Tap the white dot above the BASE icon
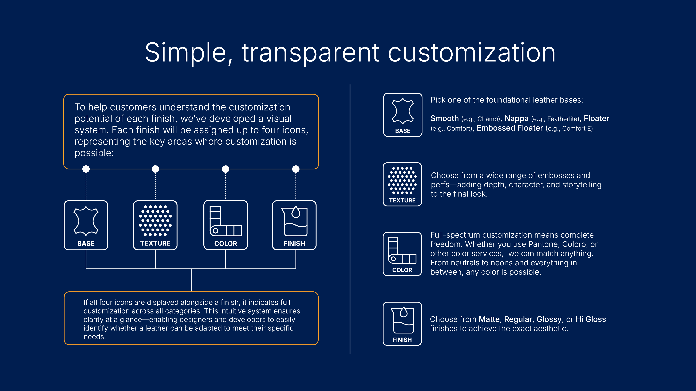pyautogui.click(x=86, y=169)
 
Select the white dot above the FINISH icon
pyautogui.click(x=296, y=169)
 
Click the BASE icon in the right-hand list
pyautogui.click(x=403, y=115)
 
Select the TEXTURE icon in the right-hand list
pyautogui.click(x=402, y=184)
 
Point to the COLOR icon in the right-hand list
pyautogui.click(x=402, y=254)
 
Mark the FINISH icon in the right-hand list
pyautogui.click(x=402, y=324)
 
